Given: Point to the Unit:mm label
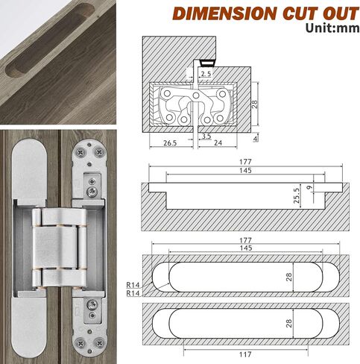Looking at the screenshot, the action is (x=332, y=28).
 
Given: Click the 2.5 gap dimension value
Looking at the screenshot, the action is (x=206, y=74).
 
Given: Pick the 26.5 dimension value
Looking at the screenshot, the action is (x=170, y=143).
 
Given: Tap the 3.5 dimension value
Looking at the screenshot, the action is (x=206, y=136).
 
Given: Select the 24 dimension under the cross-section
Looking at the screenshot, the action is (x=218, y=142).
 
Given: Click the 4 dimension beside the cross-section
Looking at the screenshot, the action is (x=255, y=138).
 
